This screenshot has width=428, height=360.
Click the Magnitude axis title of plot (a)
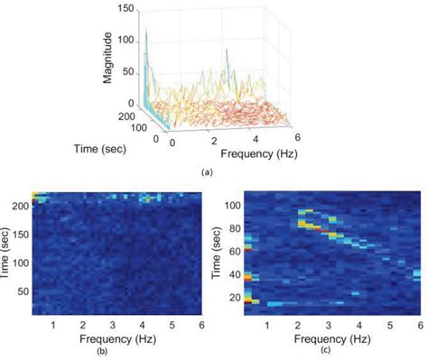click(108, 55)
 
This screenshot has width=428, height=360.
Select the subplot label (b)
click(109, 355)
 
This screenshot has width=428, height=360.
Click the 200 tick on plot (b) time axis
click(20, 206)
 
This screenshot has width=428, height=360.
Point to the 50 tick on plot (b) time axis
click(23, 293)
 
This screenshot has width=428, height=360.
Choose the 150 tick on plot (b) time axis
click(20, 235)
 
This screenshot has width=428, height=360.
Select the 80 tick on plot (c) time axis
click(233, 232)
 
